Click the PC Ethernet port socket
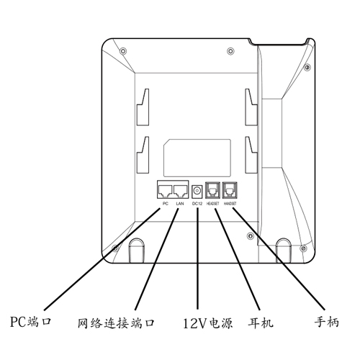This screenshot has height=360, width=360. (165, 191)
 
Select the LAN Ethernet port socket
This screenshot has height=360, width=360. (181, 191)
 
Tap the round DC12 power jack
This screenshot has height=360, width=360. (197, 192)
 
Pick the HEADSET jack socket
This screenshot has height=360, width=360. (212, 190)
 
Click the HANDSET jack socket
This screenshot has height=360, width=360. (230, 190)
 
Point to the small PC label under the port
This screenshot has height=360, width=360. (166, 204)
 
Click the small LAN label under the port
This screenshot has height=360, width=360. (180, 204)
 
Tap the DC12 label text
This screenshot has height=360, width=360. (197, 204)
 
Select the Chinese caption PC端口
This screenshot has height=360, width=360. (31, 322)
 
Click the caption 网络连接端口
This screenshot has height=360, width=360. (116, 323)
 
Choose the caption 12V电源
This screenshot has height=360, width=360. (208, 323)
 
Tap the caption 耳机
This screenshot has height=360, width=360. (261, 323)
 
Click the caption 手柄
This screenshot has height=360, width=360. (327, 322)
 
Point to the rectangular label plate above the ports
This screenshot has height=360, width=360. (197, 158)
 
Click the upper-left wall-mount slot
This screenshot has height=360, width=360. (143, 107)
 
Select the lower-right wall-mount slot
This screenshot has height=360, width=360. (251, 155)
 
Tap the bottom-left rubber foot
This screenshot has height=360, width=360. (137, 251)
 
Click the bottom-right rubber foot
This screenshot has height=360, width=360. (284, 251)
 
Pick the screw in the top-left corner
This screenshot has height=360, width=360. (123, 51)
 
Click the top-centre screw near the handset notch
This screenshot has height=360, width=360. (230, 51)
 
